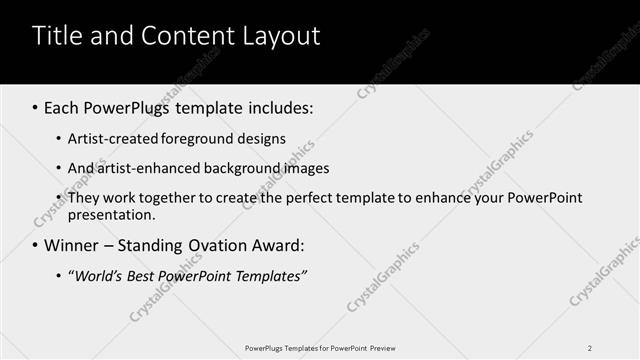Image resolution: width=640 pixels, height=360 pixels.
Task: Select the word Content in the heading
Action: [x=183, y=37]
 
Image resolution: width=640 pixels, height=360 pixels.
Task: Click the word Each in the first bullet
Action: [x=62, y=107]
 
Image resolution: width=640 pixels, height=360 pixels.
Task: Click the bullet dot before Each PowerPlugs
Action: [x=36, y=108]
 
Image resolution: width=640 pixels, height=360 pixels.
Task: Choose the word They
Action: [x=83, y=198]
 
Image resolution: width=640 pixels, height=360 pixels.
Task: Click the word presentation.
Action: [x=112, y=214]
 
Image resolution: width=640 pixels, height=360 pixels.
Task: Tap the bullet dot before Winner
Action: [x=36, y=246]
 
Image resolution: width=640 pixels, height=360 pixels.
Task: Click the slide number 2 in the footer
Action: [x=590, y=348]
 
